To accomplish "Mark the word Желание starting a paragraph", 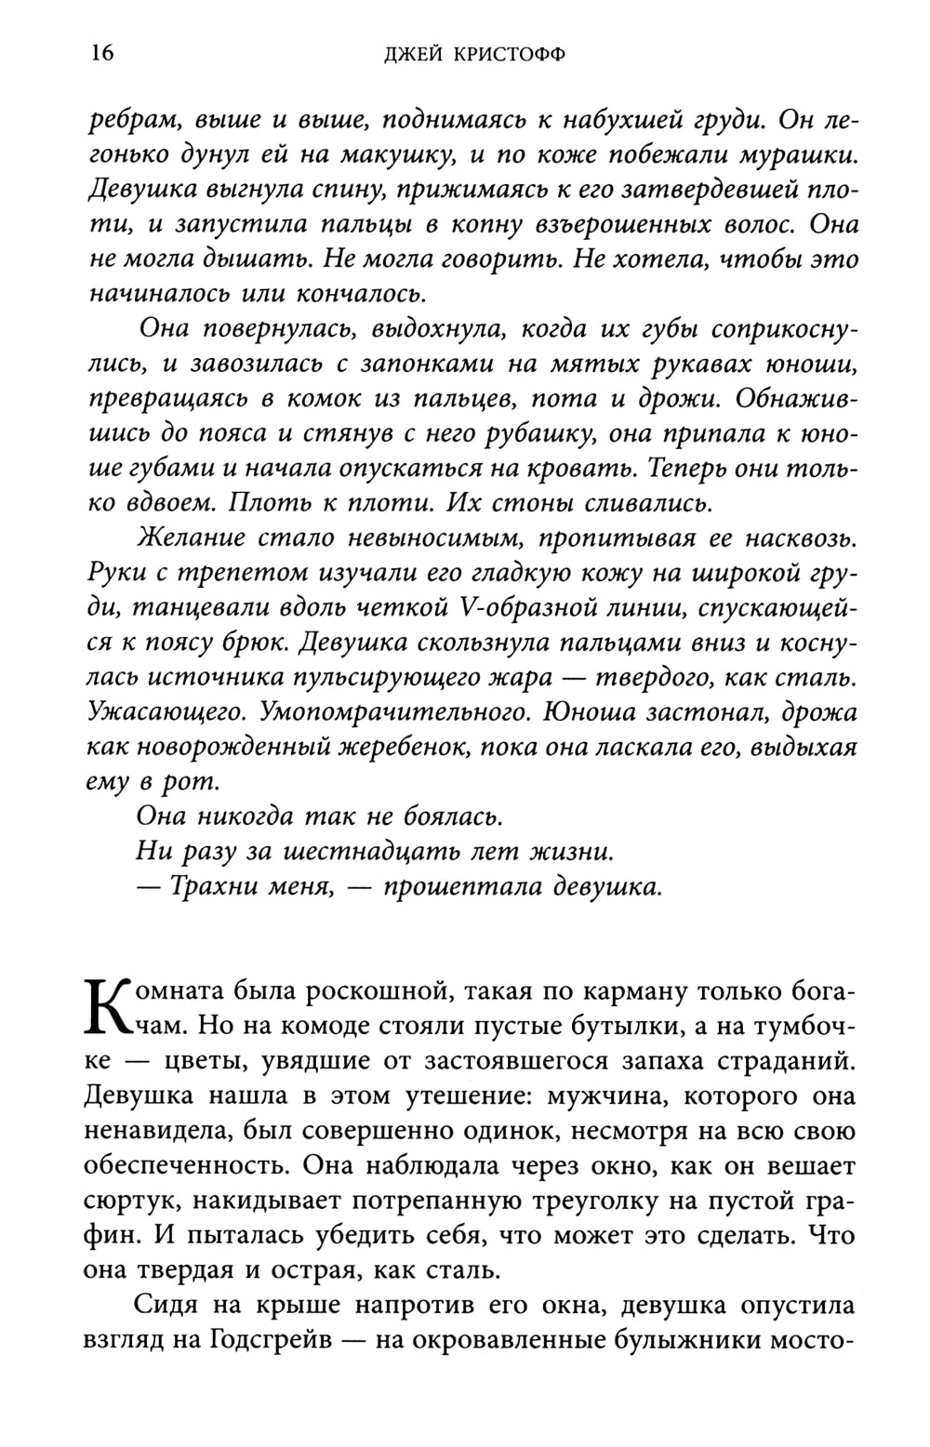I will pos(191,538).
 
